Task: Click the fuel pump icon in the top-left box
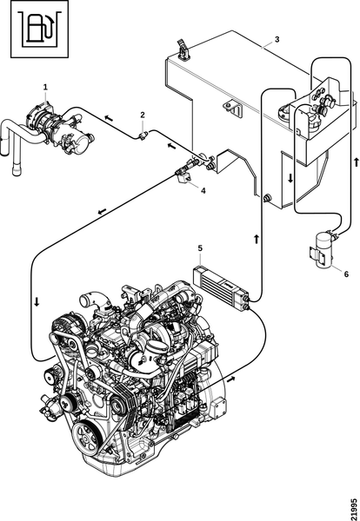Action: pos(40,29)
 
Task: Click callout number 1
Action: pos(45,87)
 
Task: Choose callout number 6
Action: pos(346,274)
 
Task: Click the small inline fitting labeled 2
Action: pos(143,135)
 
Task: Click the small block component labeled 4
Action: pos(184,177)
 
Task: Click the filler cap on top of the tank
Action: pos(183,50)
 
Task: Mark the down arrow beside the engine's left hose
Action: pos(37,301)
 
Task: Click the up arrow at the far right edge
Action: pos(357,162)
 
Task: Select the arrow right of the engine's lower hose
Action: pos(231,379)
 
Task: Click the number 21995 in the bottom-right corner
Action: pos(354,508)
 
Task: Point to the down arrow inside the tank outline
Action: pos(290,178)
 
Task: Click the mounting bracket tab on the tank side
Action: pos(233,108)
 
